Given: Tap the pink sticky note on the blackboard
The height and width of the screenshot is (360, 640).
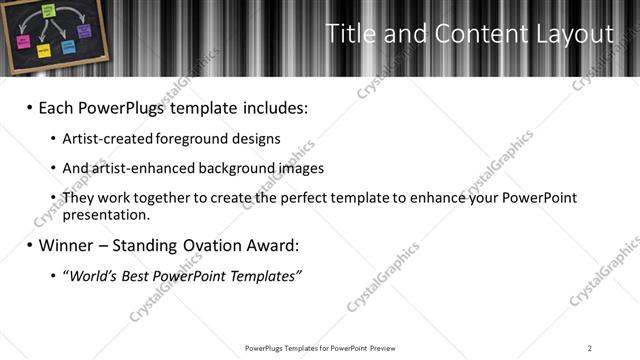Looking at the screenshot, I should click(x=21, y=42).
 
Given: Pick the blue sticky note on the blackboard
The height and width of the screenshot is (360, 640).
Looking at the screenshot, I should click(x=68, y=46).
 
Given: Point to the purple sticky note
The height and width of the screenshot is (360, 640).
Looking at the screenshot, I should click(x=86, y=31).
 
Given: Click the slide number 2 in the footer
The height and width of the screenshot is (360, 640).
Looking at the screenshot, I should click(x=590, y=348).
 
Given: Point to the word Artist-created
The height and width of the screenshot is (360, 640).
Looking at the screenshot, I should click(x=107, y=138).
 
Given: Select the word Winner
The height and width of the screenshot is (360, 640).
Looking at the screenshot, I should click(x=67, y=244).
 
